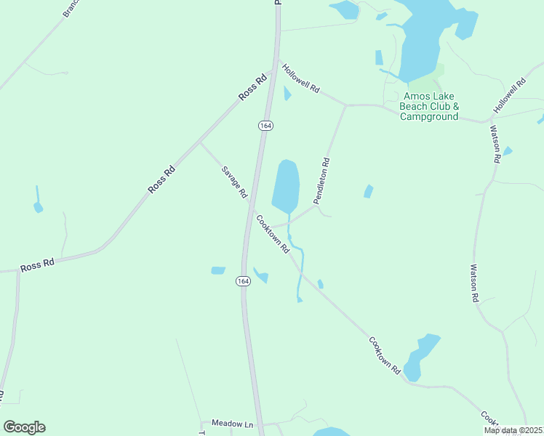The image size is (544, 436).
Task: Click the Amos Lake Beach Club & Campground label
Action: (429, 106)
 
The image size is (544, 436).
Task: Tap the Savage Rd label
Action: (234, 182)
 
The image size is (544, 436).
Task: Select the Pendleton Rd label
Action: (322, 181)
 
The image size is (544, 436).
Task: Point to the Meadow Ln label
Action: (232, 423)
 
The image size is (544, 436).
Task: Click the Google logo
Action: (24, 427)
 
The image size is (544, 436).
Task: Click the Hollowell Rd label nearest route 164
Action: (301, 78)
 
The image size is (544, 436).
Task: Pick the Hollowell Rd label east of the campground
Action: (509, 96)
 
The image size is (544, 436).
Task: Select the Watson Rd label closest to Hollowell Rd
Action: (495, 144)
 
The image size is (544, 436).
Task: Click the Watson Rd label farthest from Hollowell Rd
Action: (474, 283)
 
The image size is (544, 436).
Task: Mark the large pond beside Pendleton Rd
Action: (286, 185)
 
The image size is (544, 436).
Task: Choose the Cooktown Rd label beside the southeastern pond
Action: (385, 355)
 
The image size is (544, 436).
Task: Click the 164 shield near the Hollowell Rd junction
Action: (265, 126)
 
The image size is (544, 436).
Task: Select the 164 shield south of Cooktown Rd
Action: (243, 280)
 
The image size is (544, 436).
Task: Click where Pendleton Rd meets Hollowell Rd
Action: (345, 105)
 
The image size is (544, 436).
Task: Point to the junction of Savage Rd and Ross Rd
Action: (200, 142)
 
